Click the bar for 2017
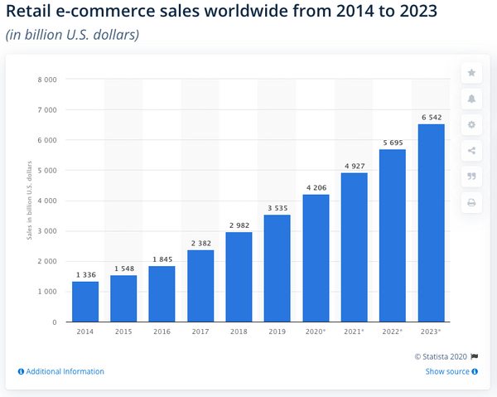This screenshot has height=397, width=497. [200, 286]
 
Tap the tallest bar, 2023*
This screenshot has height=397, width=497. [431, 223]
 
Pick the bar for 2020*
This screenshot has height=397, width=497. [316, 258]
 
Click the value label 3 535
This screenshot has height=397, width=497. [277, 208]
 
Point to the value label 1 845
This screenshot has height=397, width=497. [162, 259]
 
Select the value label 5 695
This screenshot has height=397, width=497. [393, 143]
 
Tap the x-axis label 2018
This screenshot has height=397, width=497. [239, 331]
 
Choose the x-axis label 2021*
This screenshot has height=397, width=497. [355, 331]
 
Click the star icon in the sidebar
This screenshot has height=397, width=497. [471, 73]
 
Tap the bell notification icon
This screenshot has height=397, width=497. [471, 99]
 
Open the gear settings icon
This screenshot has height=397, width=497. [471, 124]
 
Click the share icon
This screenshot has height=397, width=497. [471, 150]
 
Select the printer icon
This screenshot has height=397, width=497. [471, 201]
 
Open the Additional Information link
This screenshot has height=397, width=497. [61, 371]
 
